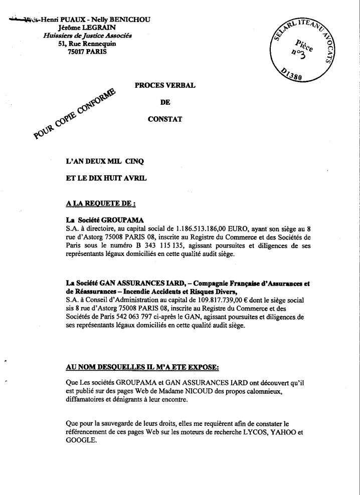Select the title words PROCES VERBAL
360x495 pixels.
(x=165, y=86)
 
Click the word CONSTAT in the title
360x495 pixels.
(x=165, y=119)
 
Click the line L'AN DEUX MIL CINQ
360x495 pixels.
(x=105, y=161)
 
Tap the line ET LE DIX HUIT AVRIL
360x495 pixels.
(x=106, y=179)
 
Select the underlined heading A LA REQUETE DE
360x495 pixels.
(x=101, y=204)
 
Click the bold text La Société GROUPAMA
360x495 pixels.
(x=105, y=220)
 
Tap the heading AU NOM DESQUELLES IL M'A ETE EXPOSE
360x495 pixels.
(x=142, y=367)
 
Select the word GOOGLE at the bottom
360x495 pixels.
(x=81, y=440)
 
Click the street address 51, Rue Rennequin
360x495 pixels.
(x=87, y=44)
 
